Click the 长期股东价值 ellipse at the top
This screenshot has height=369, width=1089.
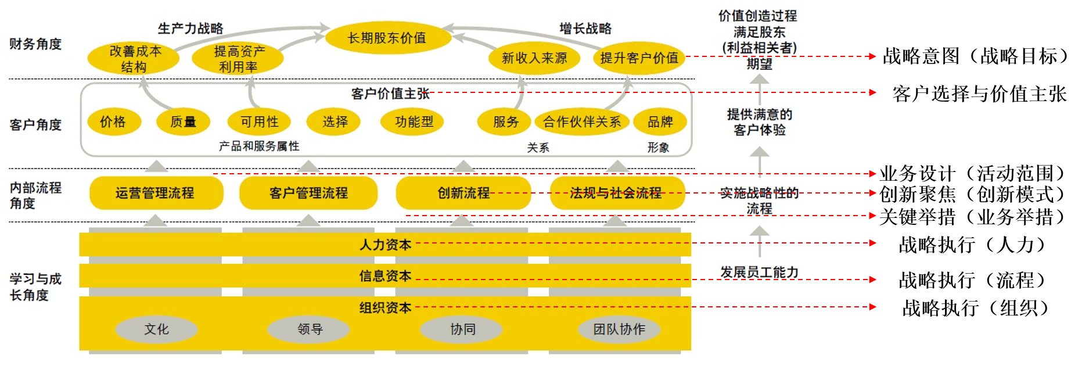(x=387, y=38)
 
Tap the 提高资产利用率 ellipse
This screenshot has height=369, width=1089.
(x=238, y=59)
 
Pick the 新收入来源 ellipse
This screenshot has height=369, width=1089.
(x=534, y=58)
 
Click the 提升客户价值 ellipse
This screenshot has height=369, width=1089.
(x=639, y=58)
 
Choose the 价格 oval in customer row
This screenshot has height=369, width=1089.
(x=113, y=122)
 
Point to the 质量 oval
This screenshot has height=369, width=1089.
(x=183, y=122)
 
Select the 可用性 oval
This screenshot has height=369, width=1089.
(x=259, y=122)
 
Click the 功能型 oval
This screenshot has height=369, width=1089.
(x=414, y=122)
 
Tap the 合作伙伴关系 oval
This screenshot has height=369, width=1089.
(x=581, y=122)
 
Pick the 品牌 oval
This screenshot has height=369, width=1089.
(x=660, y=122)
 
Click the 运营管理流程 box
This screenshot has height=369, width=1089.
(x=156, y=193)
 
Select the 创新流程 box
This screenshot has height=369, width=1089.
(x=463, y=193)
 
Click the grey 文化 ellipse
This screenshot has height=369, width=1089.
(x=156, y=329)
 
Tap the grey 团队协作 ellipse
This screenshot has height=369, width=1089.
(x=619, y=329)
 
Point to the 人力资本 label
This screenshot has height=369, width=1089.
(x=385, y=245)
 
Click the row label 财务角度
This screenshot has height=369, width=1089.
(x=35, y=44)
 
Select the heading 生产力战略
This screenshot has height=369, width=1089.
(x=191, y=28)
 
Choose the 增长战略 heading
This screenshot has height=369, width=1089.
(x=585, y=28)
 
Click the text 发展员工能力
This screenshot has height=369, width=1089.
(x=759, y=272)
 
